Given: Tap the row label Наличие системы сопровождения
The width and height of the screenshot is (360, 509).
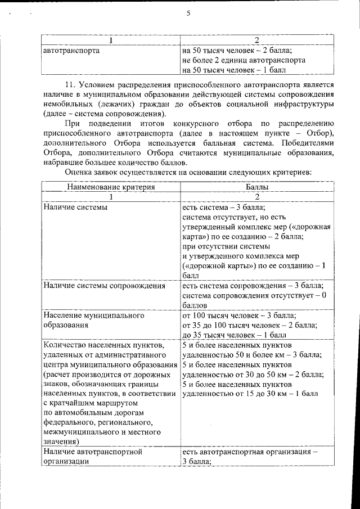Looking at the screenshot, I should pos(104,286).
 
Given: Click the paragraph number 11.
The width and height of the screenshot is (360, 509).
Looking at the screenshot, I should pos(72,84).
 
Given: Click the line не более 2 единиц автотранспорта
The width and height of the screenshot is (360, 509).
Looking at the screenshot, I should pos(244,60).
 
